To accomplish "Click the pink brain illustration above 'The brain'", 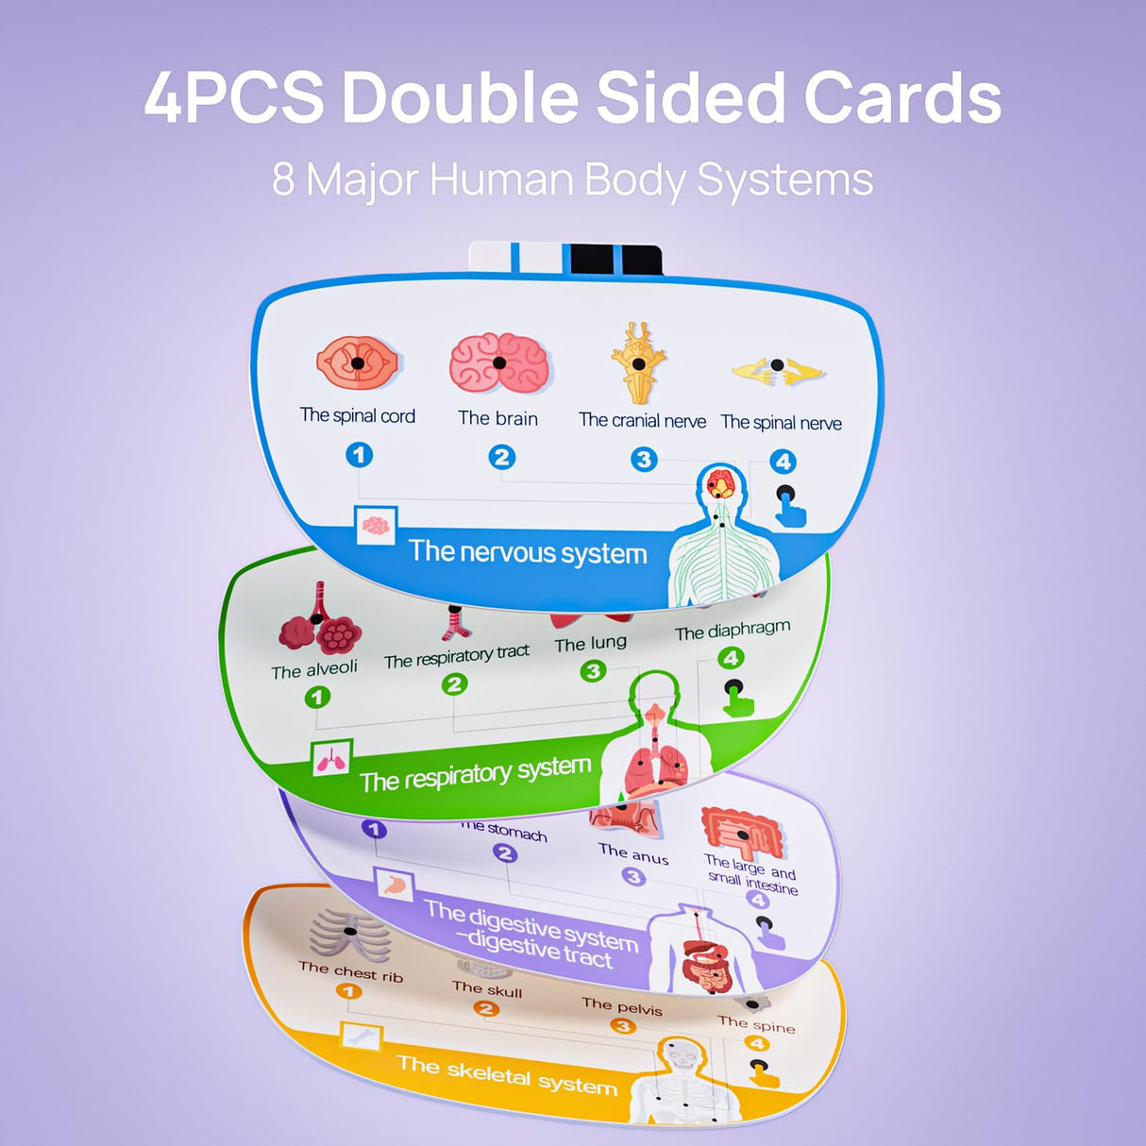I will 498,363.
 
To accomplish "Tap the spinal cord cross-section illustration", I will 358,363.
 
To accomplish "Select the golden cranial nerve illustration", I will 639,362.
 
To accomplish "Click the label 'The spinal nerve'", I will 781,423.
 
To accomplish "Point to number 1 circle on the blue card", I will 359,455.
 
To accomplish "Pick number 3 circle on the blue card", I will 644,460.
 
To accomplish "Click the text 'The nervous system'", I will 528,552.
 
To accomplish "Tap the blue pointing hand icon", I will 789,506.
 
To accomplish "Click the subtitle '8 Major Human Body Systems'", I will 572,179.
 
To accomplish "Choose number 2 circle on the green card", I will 455,683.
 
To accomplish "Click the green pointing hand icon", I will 737,698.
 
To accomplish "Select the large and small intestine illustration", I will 742,831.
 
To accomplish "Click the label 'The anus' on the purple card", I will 633,853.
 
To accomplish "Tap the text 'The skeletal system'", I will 507,1075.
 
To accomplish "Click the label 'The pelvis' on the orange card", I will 622,1006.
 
